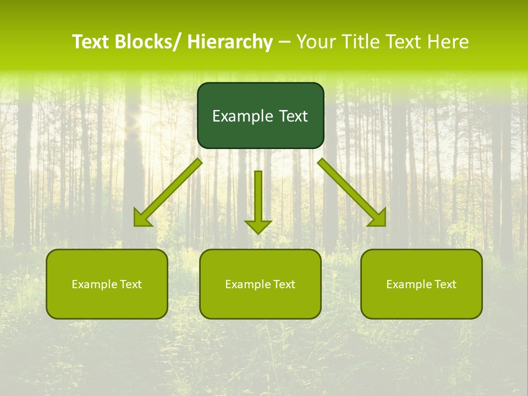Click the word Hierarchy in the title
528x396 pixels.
230,42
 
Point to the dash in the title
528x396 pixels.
284,42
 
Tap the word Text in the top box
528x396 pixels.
293,116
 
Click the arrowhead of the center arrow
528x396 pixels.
258,227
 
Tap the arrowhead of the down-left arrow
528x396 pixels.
141,219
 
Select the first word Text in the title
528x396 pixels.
91,42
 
